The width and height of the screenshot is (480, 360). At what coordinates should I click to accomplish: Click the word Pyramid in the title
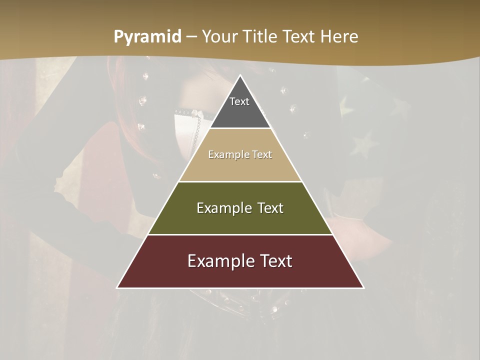click(x=147, y=37)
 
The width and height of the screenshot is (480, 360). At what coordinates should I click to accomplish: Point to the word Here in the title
click(x=339, y=37)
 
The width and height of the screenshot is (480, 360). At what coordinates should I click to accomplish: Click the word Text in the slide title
click(x=300, y=37)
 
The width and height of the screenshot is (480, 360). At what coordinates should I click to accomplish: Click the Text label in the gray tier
click(x=239, y=101)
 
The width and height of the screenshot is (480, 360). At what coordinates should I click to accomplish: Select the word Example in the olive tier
click(x=223, y=208)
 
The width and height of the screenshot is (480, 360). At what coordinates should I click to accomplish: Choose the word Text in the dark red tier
click(x=276, y=261)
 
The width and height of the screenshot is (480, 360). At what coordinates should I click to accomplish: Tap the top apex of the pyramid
click(x=240, y=76)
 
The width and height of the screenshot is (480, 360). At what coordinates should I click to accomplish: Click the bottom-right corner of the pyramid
click(x=363, y=287)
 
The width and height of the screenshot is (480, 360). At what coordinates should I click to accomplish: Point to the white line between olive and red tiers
click(x=240, y=234)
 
